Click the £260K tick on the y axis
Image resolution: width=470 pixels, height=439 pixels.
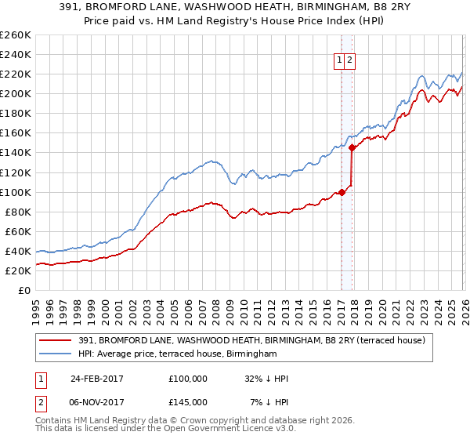tap(17, 35)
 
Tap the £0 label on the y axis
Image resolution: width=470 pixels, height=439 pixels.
tap(25, 290)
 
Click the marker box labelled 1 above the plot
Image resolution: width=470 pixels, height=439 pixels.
tap(341, 60)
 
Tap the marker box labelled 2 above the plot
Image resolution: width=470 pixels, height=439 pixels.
tap(350, 60)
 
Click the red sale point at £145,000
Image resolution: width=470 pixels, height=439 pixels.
tap(352, 147)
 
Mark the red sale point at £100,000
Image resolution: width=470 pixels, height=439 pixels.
tap(342, 192)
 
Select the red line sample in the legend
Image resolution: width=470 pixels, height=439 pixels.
tap(56, 340)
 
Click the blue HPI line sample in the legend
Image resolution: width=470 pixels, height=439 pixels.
tap(56, 354)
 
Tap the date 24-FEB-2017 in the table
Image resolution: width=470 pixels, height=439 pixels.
tap(97, 379)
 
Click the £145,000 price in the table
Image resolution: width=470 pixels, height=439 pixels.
tap(188, 402)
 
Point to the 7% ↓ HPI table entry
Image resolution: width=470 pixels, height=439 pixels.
tap(269, 402)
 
